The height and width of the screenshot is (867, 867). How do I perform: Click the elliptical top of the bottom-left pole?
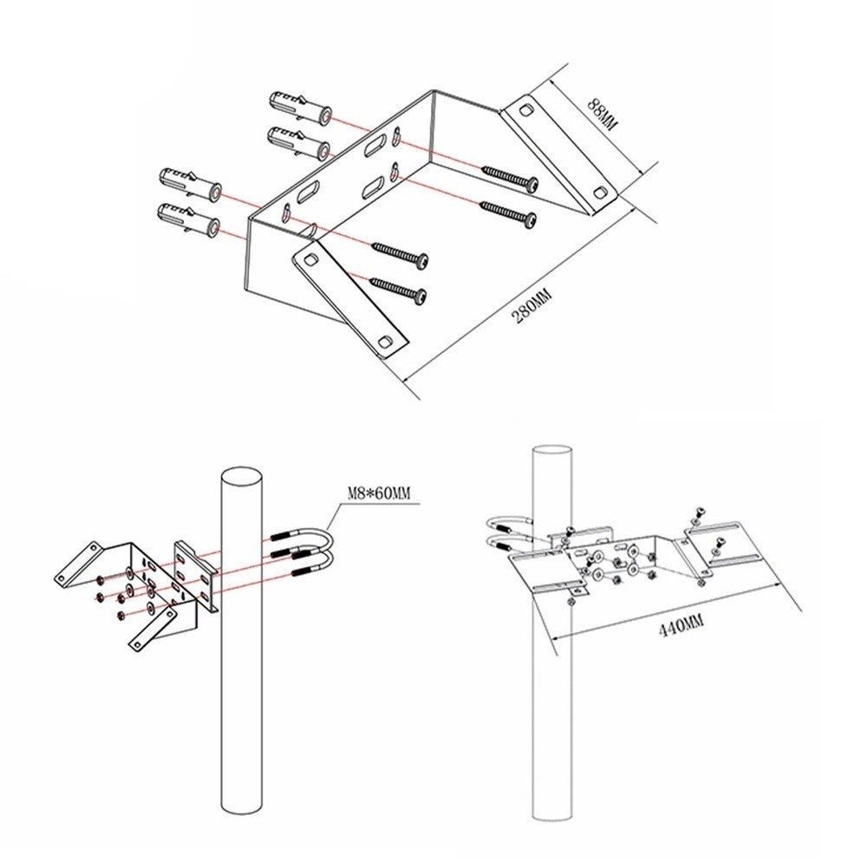pos(241,479)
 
